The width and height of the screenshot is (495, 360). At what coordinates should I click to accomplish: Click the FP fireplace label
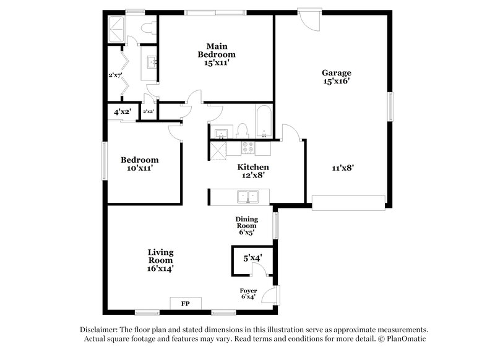184,304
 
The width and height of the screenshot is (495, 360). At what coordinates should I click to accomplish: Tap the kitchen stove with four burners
247,148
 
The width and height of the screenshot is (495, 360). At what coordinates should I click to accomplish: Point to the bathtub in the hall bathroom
264,122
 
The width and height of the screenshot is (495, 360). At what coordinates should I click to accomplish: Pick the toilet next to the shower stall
147,28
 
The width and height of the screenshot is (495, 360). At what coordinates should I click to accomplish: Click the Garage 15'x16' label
337,76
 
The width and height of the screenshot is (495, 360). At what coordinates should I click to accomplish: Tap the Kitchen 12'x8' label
253,171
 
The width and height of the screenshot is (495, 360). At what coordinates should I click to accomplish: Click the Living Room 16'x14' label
160,260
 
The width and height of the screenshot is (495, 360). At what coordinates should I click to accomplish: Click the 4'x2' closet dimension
122,112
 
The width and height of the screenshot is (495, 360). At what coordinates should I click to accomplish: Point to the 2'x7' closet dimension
115,75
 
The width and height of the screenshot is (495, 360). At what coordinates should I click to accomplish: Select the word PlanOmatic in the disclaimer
403,339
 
